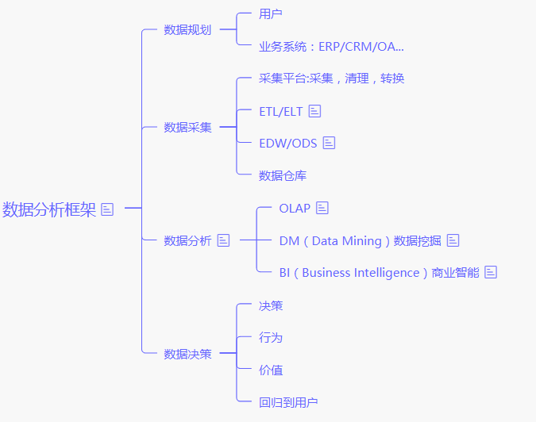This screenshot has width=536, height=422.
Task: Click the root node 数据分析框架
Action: tap(48, 209)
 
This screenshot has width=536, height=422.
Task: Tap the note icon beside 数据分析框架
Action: tap(108, 209)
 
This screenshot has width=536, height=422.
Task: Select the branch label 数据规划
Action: tap(187, 30)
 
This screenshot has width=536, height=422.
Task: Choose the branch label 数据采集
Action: tap(187, 127)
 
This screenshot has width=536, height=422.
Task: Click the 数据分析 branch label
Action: tap(187, 240)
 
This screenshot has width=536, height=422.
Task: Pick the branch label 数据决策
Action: tap(187, 355)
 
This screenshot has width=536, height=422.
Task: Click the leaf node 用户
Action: tap(271, 13)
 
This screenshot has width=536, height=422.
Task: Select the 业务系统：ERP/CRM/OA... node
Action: tap(331, 46)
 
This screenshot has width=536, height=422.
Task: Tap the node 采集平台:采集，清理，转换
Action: tap(332, 79)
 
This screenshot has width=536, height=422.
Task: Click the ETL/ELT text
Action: tap(281, 111)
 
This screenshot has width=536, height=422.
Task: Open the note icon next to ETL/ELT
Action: tap(314, 111)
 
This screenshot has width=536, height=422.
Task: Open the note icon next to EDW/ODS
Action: tap(329, 143)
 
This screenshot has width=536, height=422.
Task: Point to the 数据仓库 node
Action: tap(283, 175)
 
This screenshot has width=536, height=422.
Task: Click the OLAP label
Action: tap(295, 208)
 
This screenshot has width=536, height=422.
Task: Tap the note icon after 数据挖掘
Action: tap(453, 240)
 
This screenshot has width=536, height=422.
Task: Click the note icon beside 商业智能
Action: tap(491, 272)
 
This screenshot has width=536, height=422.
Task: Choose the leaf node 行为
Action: tap(271, 338)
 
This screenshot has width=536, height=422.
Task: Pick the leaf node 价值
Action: tap(271, 370)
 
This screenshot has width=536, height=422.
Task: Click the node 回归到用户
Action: tap(288, 403)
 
